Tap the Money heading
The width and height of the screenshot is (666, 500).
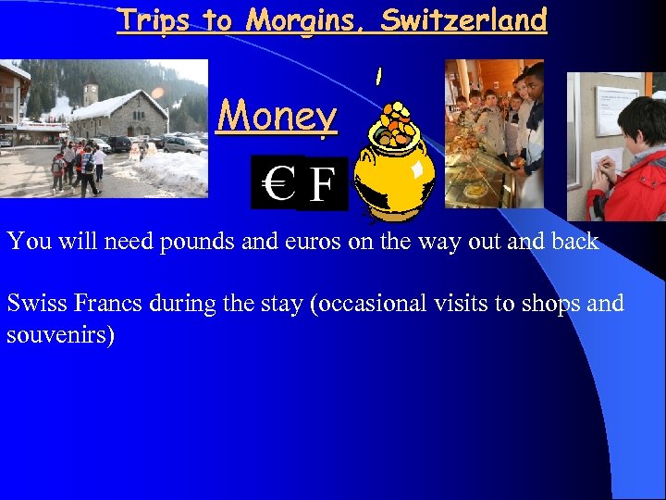pyautogui.click(x=277, y=117)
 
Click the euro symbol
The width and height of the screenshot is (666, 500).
pyautogui.click(x=277, y=183)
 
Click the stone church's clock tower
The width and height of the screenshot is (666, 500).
pyautogui.click(x=90, y=94)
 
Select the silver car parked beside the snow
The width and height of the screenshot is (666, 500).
pyautogui.click(x=184, y=144)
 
